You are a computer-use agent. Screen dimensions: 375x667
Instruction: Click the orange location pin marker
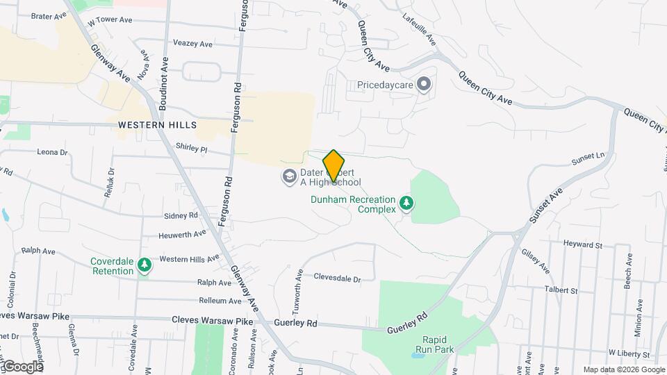click(333, 166)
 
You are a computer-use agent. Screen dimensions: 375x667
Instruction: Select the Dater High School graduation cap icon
click(288, 177)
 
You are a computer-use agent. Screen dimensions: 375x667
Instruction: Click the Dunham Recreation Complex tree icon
click(406, 204)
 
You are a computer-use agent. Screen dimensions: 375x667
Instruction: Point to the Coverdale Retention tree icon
click(144, 266)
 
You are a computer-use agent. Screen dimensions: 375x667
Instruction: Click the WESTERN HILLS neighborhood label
click(157, 125)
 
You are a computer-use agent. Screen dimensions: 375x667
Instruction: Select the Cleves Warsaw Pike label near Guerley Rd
click(213, 321)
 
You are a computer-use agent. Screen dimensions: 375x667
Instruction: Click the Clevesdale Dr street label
click(338, 278)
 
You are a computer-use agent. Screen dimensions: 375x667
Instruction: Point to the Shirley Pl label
click(192, 149)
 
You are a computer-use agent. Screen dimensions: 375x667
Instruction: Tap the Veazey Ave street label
click(193, 44)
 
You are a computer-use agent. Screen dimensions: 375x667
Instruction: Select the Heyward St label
click(584, 245)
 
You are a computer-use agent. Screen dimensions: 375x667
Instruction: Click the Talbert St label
click(561, 290)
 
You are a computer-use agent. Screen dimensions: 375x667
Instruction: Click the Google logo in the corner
click(22, 366)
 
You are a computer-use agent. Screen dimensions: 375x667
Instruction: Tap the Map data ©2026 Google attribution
click(623, 369)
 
